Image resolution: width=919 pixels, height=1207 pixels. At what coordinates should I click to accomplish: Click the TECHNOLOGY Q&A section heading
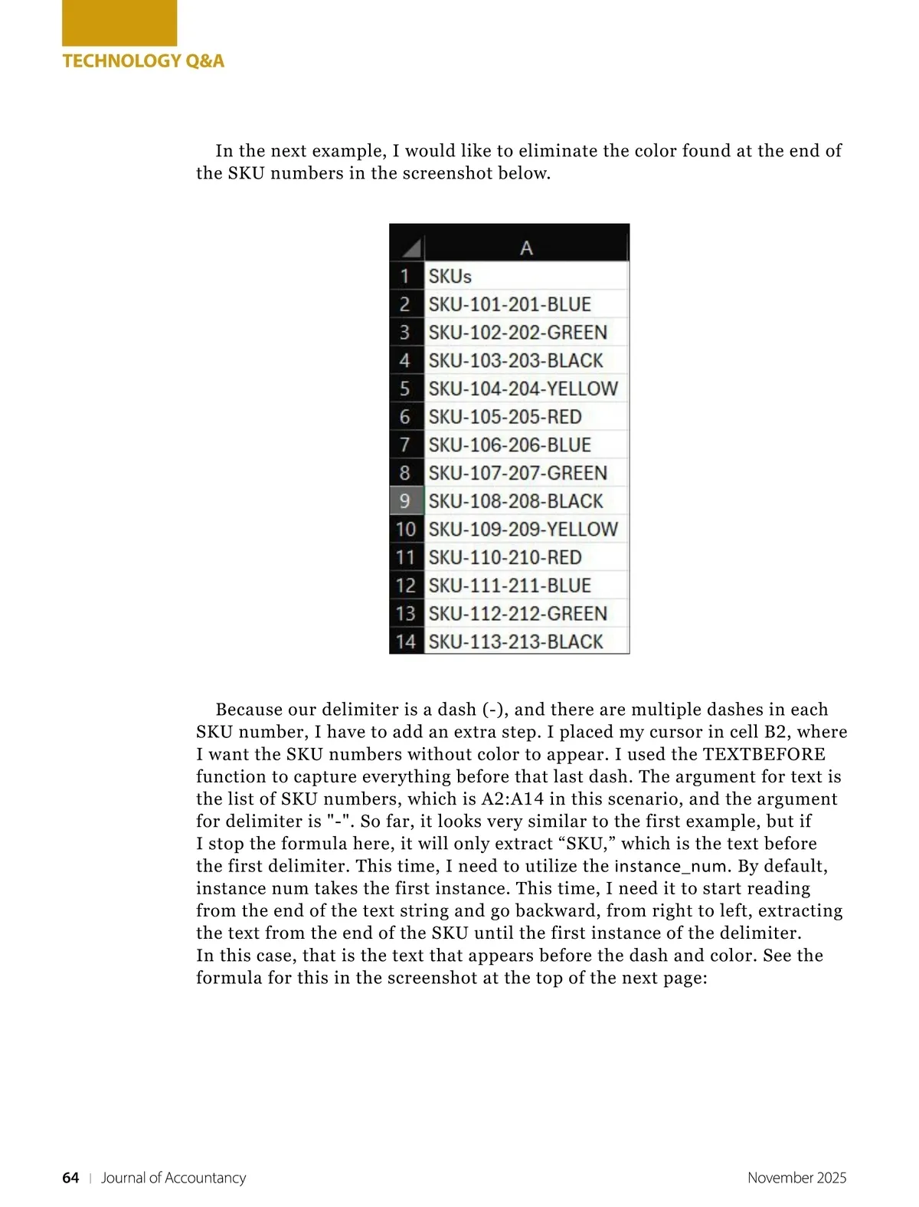tap(143, 61)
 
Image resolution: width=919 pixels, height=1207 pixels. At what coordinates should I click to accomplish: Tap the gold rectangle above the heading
tap(119, 23)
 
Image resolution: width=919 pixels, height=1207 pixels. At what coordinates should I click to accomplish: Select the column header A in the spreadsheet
tap(526, 248)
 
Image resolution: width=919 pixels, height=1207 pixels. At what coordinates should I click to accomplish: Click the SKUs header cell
tap(450, 276)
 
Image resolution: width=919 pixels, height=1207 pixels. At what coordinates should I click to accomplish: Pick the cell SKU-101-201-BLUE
tap(509, 304)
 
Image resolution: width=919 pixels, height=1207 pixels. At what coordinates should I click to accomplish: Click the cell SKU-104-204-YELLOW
tap(522, 389)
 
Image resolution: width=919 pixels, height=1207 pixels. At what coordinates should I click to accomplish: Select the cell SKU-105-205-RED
tap(505, 417)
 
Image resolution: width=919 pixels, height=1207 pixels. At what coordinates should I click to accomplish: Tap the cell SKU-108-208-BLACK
tap(515, 501)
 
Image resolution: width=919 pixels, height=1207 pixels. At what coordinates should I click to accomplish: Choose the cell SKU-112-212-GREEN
tap(518, 614)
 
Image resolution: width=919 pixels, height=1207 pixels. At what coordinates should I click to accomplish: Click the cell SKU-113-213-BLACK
tap(515, 642)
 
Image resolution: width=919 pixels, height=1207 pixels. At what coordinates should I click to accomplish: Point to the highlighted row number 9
tap(405, 501)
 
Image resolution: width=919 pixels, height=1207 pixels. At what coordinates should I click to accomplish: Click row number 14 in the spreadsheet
tap(405, 642)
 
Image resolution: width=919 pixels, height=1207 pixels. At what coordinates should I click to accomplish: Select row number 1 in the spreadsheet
tap(405, 276)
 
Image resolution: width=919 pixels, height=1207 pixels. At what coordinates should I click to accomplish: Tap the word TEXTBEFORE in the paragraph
tap(764, 754)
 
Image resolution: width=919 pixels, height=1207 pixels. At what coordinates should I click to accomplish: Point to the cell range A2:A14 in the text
tap(512, 799)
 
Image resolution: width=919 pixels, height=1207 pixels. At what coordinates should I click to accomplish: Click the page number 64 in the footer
tap(70, 1178)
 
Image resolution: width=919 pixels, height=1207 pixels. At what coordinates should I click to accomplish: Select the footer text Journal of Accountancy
tap(174, 1178)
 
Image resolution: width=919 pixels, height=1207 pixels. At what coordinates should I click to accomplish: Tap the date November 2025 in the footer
tap(796, 1178)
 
